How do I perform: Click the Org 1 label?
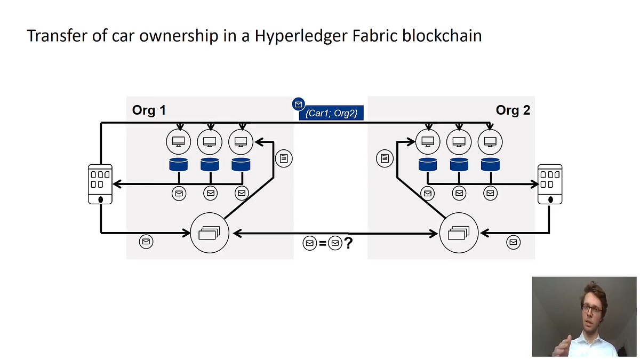[149, 110]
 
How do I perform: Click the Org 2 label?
[513, 110]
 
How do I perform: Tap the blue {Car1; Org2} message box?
[331, 113]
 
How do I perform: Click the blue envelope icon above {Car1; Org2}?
[298, 105]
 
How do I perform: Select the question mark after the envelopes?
[348, 243]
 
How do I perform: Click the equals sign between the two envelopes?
[323, 243]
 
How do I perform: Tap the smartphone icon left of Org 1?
[100, 184]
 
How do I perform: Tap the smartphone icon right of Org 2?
[550, 184]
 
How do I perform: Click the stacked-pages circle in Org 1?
[210, 233]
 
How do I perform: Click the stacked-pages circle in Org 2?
[459, 233]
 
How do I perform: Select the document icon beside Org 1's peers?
[284, 158]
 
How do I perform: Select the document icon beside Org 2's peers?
[385, 158]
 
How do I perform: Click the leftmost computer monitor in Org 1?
[179, 142]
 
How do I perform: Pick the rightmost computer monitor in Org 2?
[490, 142]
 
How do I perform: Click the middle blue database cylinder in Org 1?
[210, 165]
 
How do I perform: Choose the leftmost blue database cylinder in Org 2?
[428, 165]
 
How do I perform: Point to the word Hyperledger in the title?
[301, 36]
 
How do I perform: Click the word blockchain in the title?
[442, 36]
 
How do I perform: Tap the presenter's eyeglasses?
[592, 309]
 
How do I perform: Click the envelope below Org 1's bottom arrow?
[146, 242]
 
